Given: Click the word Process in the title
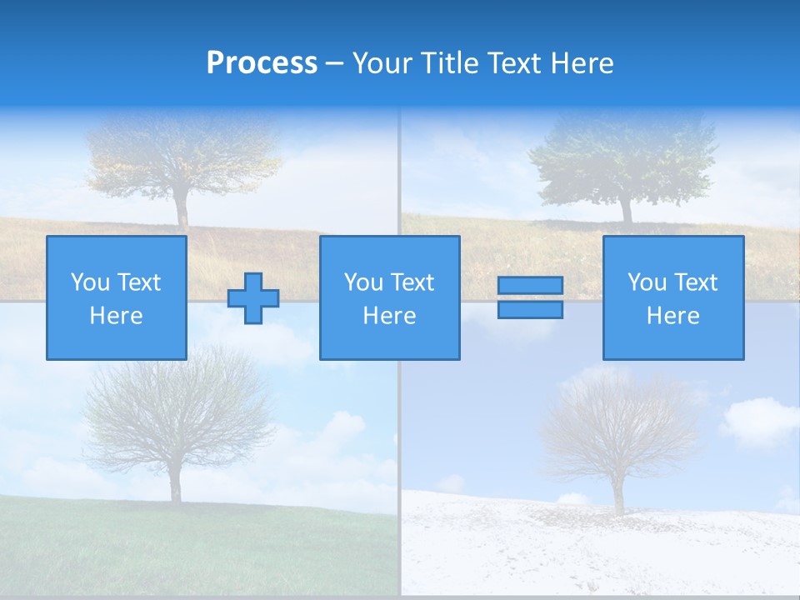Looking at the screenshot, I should click(262, 63).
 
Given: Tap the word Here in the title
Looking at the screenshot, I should click(581, 63).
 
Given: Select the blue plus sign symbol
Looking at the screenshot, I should click(253, 298).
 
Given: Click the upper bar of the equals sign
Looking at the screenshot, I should click(530, 285).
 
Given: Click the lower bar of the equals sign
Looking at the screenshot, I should click(530, 310).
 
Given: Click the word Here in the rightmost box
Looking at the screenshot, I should click(673, 316).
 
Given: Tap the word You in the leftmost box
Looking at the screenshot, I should click(89, 282).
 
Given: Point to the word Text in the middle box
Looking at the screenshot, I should click(413, 282).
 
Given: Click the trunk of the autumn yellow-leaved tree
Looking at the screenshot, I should click(182, 208).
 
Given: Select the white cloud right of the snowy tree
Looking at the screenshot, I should click(758, 421).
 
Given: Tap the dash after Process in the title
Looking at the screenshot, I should click(334, 64).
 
